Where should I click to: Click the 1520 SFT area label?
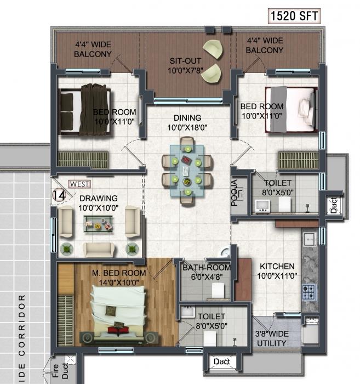point(294,16)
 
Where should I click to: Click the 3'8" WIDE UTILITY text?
point(272,338)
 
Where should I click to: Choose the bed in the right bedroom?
point(292,109)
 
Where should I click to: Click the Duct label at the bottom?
point(221,362)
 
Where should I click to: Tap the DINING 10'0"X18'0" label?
point(187,122)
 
